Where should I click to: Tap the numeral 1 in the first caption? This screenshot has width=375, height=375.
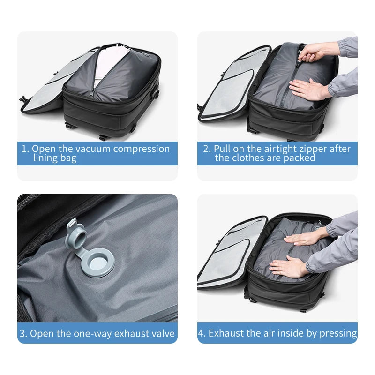[24, 149]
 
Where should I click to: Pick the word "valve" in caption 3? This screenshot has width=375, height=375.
[162, 334]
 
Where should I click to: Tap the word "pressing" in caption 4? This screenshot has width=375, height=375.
[338, 333]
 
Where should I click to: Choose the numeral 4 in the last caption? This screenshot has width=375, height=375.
[202, 333]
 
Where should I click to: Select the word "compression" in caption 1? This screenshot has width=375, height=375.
[142, 149]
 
